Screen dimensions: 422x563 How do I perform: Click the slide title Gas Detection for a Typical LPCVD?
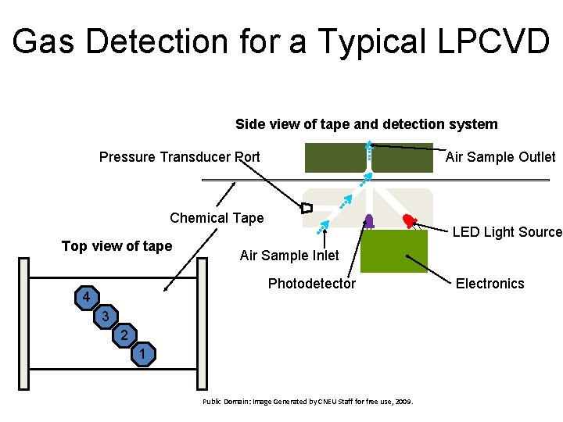click(281, 41)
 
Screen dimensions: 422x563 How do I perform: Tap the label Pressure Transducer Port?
click(179, 157)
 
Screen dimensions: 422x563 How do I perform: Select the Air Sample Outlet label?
click(500, 157)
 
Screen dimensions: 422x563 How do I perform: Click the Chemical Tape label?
click(217, 218)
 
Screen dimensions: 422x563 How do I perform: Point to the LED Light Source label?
click(507, 231)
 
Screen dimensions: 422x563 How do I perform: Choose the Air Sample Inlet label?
click(289, 256)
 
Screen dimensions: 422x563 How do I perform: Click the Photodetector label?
click(311, 284)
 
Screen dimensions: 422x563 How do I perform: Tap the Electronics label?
click(489, 284)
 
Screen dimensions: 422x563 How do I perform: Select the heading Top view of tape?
click(117, 246)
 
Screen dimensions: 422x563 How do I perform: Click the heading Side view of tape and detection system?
click(366, 124)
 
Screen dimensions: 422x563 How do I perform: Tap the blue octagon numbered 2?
click(123, 336)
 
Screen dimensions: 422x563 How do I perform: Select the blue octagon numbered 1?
click(142, 356)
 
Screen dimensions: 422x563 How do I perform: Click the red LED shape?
click(409, 220)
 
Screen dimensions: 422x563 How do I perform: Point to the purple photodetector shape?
click(369, 221)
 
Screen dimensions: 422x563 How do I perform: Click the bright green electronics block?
click(393, 251)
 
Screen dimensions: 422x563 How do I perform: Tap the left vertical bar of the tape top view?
click(23, 323)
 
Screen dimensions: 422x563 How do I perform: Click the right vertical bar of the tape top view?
click(202, 323)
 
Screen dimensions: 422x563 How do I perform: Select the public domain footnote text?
click(307, 402)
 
